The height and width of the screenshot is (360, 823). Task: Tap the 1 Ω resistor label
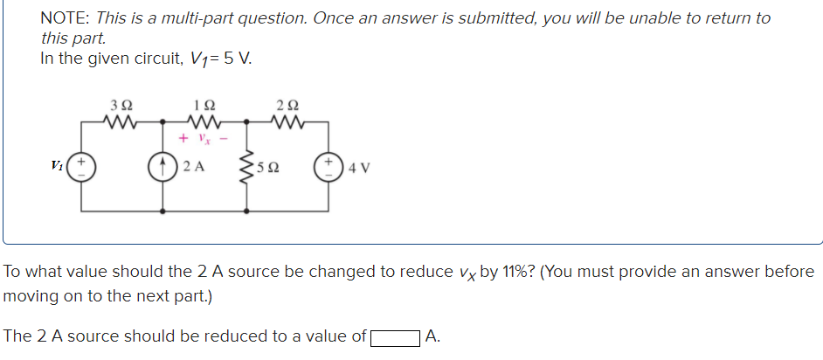pos(201,107)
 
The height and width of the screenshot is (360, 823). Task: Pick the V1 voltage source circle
pos(82,165)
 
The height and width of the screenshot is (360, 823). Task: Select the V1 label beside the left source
pos(58,164)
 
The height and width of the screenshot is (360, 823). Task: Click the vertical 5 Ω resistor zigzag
pos(247,164)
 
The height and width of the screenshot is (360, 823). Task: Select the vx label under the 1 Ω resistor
pos(202,138)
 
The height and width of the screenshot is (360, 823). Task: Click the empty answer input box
pos(394,336)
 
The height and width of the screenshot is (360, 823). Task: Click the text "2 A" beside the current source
pos(194,165)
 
